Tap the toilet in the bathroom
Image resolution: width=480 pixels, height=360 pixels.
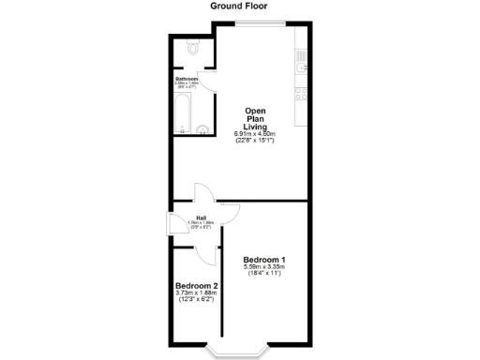192,47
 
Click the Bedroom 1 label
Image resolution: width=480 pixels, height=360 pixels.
264,260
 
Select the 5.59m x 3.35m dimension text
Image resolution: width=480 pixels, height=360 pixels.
264,267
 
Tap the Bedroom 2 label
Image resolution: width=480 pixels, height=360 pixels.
196,286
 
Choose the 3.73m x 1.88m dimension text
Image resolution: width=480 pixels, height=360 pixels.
196,293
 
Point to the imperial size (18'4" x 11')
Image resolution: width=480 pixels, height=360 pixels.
264,275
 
